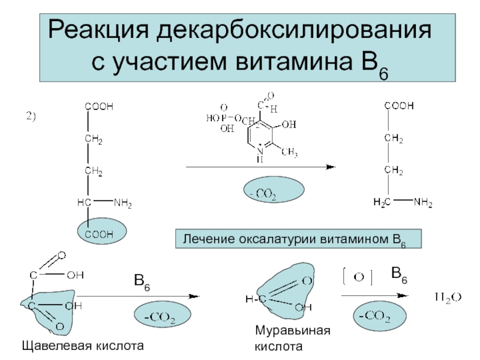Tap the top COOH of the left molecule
(x=99, y=106)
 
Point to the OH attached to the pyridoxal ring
(x=288, y=125)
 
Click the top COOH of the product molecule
(x=399, y=106)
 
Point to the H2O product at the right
(x=446, y=296)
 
